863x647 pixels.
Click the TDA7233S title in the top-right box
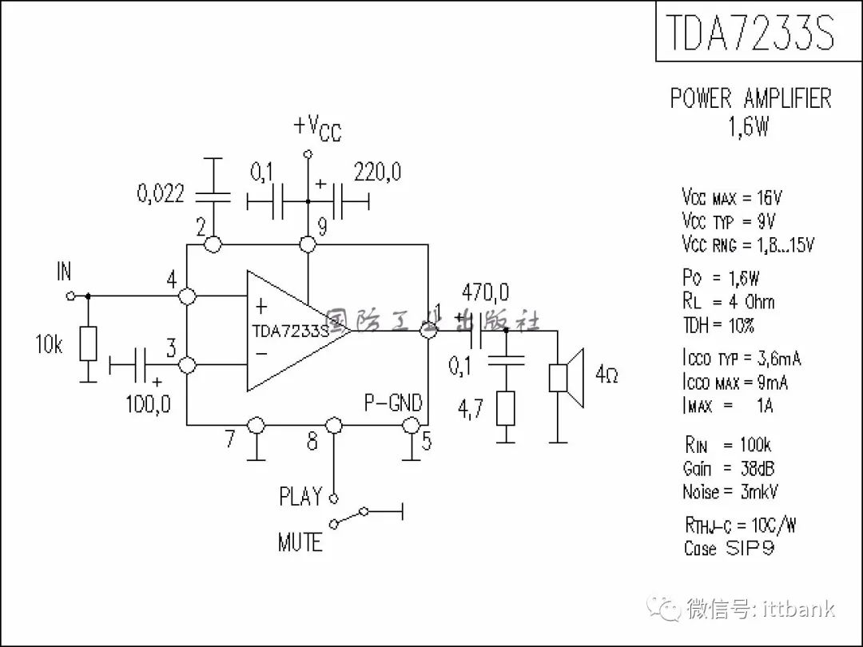pyautogui.click(x=750, y=32)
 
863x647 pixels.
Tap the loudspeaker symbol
pyautogui.click(x=567, y=378)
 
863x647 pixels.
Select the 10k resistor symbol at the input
pyautogui.click(x=88, y=343)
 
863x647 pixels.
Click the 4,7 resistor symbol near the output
pyautogui.click(x=506, y=408)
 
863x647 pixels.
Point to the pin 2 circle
pyautogui.click(x=213, y=244)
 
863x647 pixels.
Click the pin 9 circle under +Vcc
pyautogui.click(x=308, y=244)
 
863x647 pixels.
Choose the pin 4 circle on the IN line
pyautogui.click(x=188, y=296)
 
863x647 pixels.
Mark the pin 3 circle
pyautogui.click(x=188, y=365)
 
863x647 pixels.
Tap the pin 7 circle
pyautogui.click(x=256, y=425)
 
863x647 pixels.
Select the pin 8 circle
pyautogui.click(x=333, y=425)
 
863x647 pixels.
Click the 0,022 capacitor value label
pyautogui.click(x=161, y=193)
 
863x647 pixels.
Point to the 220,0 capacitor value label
pyautogui.click(x=377, y=173)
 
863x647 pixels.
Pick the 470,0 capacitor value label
pyautogui.click(x=486, y=292)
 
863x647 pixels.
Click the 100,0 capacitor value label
pyautogui.click(x=149, y=405)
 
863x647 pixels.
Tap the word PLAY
pyautogui.click(x=300, y=496)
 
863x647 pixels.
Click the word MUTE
pyautogui.click(x=300, y=542)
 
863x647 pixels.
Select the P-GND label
pyautogui.click(x=393, y=403)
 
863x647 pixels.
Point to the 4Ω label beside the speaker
pyautogui.click(x=607, y=375)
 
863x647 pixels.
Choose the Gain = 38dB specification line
pyautogui.click(x=729, y=469)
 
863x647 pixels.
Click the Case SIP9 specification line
pyautogui.click(x=730, y=548)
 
